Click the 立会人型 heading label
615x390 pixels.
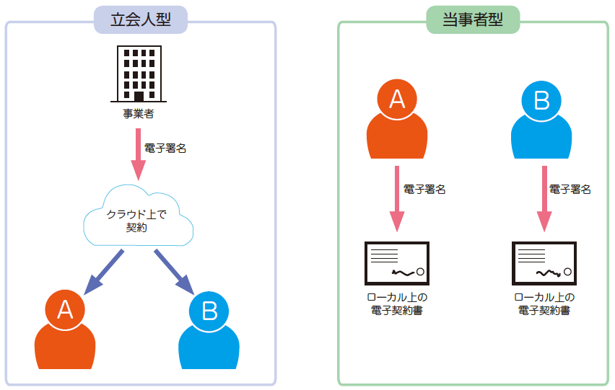click(140, 19)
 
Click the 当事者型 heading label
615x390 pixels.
click(472, 19)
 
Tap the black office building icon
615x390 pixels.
click(139, 74)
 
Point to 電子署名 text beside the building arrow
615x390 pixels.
click(165, 149)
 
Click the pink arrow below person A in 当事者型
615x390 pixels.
click(397, 198)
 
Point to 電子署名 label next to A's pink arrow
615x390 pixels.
click(424, 190)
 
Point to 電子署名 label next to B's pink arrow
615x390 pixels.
click(570, 190)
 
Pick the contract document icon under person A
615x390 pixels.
click(397, 264)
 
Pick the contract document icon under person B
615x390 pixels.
click(544, 264)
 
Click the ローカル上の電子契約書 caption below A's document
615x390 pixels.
click(398, 304)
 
